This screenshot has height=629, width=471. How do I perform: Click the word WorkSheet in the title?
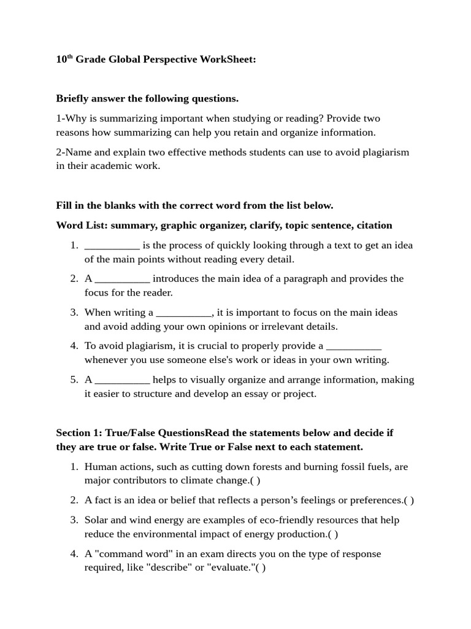(227, 60)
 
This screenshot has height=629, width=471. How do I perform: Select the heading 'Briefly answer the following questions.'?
(147, 98)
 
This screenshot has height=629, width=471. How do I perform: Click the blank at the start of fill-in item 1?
(112, 246)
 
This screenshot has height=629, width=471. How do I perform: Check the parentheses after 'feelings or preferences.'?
(409, 501)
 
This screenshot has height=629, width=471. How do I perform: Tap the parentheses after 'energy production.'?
(333, 534)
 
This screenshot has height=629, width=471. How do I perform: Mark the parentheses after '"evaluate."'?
(261, 568)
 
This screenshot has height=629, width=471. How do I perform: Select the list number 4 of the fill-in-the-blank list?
(74, 346)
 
